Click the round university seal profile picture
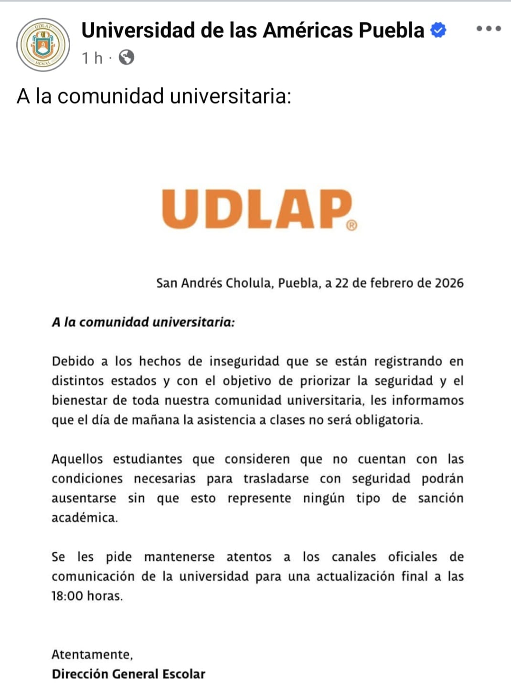tap(43, 45)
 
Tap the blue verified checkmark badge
tap(438, 30)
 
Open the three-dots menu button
tap(489, 29)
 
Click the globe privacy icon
tap(127, 58)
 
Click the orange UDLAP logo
tap(257, 209)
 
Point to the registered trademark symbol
tap(351, 225)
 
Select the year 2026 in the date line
tap(449, 283)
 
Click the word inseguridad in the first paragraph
tap(244, 361)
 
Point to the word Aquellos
tap(77, 459)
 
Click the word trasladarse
tap(276, 478)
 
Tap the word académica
tap(84, 518)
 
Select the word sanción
tap(440, 498)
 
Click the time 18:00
tap(67, 596)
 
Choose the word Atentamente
tap(92, 654)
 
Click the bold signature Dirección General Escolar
tap(128, 674)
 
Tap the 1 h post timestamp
tap(92, 58)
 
